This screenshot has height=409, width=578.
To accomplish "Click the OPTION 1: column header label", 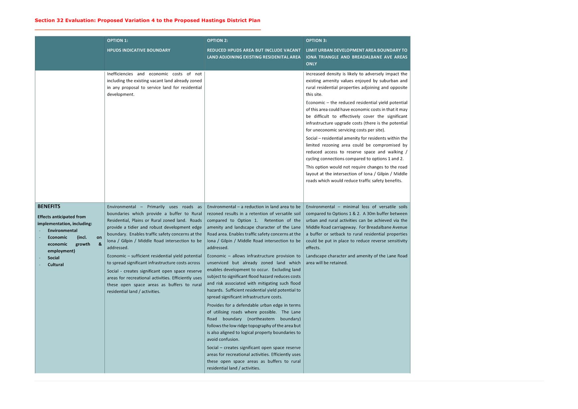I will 117,41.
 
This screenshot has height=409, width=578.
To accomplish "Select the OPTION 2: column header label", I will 217,41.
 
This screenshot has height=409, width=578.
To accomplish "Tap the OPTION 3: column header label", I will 316,41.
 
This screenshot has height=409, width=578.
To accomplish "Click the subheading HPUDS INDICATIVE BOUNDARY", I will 139,50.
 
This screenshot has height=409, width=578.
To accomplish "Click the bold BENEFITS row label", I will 49,206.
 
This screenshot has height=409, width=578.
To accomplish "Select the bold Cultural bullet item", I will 55,265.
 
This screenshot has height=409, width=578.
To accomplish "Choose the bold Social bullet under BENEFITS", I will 53,258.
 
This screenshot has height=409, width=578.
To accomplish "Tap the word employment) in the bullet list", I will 61,251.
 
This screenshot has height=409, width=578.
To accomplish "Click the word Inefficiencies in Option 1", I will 120,74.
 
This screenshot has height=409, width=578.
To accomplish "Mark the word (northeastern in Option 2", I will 261,319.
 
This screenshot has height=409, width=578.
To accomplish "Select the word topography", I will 259,326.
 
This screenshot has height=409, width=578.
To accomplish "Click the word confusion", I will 229,340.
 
